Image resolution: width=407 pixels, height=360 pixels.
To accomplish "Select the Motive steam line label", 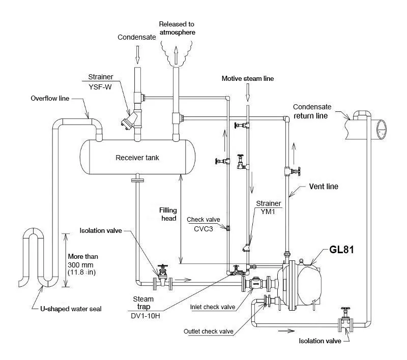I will coord(248,79).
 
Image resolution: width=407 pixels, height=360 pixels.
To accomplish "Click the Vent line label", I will coord(324,187).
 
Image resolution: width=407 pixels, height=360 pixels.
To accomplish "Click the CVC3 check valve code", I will coord(203,228).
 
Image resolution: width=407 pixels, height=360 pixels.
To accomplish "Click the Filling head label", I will coord(167,214).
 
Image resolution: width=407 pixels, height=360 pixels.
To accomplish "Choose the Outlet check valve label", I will coord(209,332).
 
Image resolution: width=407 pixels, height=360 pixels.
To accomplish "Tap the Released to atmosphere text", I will coord(177,28).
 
